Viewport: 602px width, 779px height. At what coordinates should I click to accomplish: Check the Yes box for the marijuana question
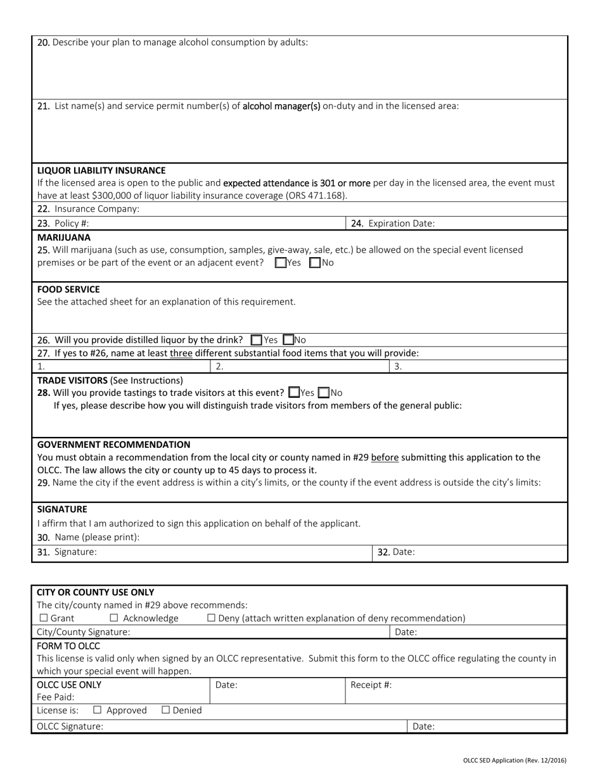[x=281, y=263]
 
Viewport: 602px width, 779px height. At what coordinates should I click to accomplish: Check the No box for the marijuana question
[x=315, y=263]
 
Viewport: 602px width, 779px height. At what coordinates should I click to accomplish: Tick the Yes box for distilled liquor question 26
[x=257, y=340]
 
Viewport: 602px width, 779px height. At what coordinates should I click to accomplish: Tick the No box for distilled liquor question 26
[x=288, y=340]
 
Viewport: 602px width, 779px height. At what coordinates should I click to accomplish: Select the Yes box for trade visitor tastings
[x=294, y=393]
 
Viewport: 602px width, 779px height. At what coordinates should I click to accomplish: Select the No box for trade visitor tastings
[x=324, y=393]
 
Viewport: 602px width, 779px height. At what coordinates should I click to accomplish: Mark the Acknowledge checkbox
[x=114, y=618]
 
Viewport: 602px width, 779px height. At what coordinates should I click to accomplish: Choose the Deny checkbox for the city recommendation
[x=212, y=618]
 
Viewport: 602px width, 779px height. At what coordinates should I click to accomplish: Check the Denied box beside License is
[x=166, y=711]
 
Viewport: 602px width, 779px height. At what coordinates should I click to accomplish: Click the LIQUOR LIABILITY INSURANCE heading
[x=101, y=170]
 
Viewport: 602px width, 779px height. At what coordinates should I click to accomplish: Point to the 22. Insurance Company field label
[x=88, y=209]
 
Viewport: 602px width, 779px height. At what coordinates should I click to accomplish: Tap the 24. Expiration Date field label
[x=393, y=224]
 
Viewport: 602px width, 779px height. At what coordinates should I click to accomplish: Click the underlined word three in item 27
[x=181, y=353]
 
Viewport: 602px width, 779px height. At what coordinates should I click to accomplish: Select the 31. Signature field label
[x=67, y=552]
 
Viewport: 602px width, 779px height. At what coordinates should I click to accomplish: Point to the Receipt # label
[x=371, y=685]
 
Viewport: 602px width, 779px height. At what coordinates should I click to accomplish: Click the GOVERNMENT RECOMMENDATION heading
[x=113, y=445]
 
